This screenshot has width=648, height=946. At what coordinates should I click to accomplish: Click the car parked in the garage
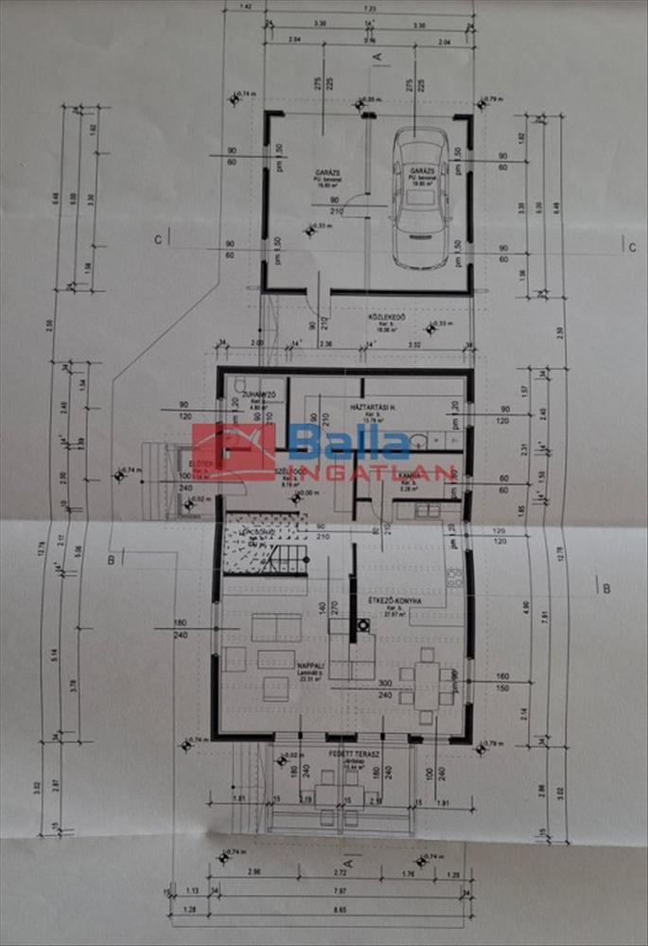coord(421,197)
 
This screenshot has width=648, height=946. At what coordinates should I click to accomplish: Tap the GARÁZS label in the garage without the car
coord(328,173)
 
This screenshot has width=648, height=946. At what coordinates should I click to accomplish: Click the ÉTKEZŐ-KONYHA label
coord(394,602)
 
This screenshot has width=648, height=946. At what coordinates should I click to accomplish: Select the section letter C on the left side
coord(158,240)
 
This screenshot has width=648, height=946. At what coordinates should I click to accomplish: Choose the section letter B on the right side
coord(605,587)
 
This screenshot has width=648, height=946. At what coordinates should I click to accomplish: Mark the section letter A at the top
coord(377,57)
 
